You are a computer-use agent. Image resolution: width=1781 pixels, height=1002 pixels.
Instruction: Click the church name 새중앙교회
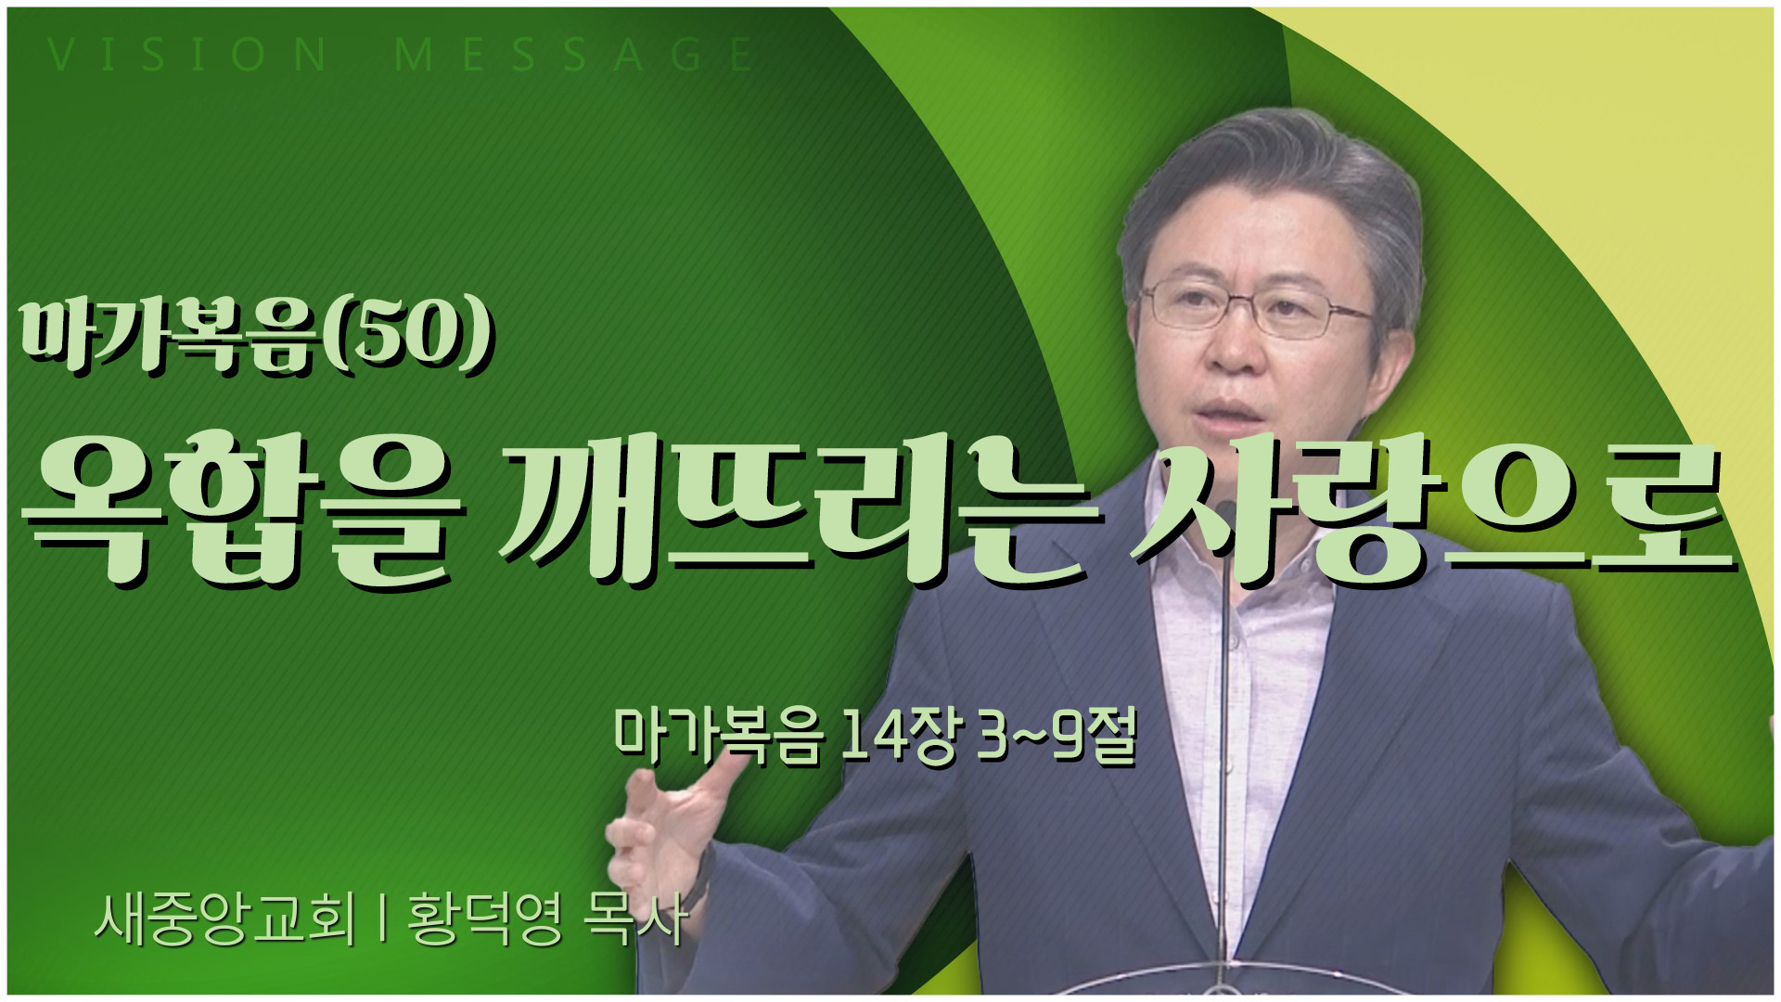tap(224, 918)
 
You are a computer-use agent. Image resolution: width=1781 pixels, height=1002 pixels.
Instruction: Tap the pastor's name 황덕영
tap(485, 918)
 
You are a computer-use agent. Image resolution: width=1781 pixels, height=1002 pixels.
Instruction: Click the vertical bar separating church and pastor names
tap(382, 918)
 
